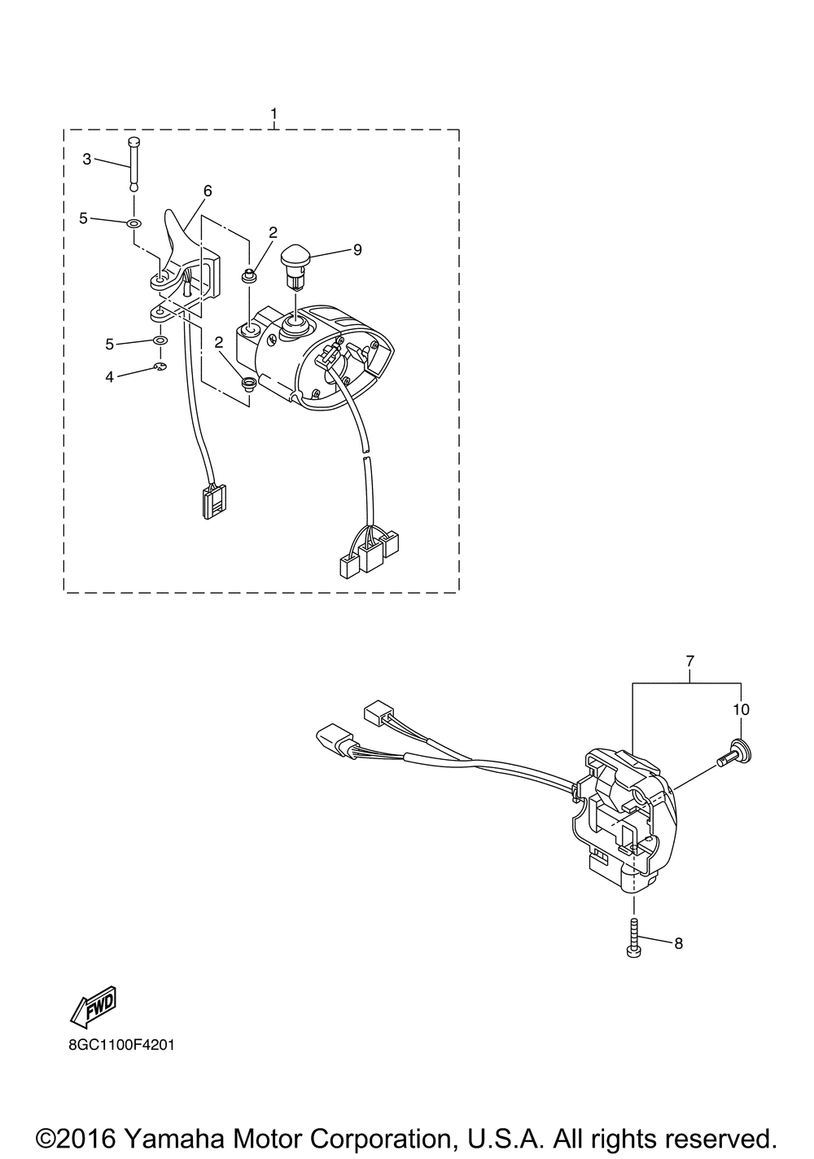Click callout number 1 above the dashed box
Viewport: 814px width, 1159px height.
274,113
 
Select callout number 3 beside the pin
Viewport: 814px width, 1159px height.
87,160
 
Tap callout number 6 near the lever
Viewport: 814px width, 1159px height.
208,191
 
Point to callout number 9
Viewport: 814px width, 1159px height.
372,250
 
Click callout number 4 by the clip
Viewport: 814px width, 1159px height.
109,377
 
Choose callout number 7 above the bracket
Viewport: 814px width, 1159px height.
690,661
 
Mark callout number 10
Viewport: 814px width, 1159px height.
741,709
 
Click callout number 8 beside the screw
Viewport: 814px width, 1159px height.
679,944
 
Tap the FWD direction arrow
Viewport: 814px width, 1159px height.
93,1008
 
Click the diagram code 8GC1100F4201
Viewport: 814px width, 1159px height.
121,1046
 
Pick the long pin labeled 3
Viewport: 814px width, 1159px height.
133,164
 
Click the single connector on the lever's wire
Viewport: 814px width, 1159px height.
211,500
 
